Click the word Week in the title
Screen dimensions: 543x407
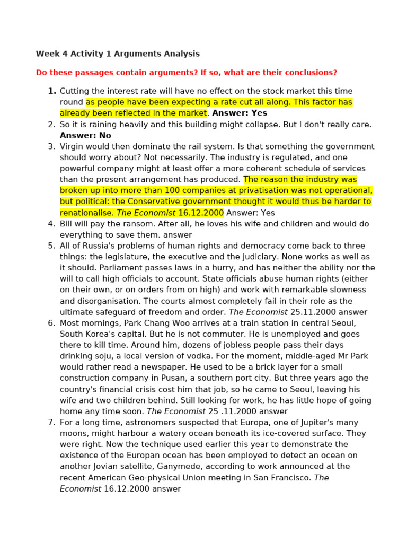(x=47, y=54)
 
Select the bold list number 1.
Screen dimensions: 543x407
(x=52, y=91)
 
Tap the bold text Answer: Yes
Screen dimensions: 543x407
(x=240, y=113)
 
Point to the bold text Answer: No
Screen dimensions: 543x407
(x=85, y=135)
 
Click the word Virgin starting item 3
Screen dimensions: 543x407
(x=72, y=146)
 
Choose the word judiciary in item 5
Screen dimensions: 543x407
(x=279, y=257)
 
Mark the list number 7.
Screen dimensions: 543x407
(x=51, y=423)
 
